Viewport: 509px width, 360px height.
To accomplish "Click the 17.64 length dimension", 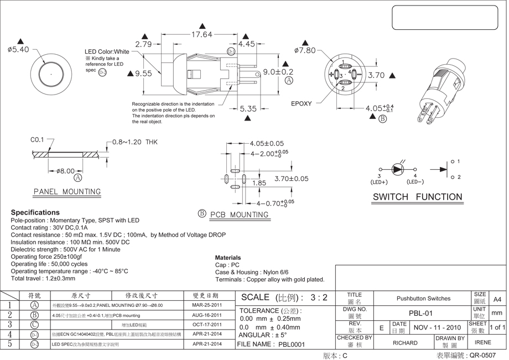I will (x=201, y=34).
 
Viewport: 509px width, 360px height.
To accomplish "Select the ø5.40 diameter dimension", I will (x=18, y=50).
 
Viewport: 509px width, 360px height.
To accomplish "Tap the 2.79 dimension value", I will (x=143, y=44).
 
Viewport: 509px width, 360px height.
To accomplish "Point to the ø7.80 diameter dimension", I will (x=305, y=50).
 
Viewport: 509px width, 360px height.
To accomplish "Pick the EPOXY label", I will (x=302, y=103).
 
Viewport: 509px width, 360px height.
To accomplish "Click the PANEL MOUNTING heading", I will (x=67, y=192).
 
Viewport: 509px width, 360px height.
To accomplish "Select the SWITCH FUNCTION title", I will (x=417, y=197).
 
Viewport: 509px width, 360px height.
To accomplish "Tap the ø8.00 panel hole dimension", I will (x=65, y=171).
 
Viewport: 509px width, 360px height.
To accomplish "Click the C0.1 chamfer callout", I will (x=37, y=140).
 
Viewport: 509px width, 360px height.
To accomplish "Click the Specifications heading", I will (x=35, y=212).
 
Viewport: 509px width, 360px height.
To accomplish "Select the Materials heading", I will (x=228, y=258).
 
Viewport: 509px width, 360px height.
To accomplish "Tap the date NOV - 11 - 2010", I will (x=437, y=327).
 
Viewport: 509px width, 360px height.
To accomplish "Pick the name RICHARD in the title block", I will (x=405, y=343).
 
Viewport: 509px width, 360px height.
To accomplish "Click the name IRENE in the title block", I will (x=483, y=343).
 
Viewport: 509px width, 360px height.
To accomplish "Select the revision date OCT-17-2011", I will (x=207, y=325).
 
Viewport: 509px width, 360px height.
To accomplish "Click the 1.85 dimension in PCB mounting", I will (x=259, y=183).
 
